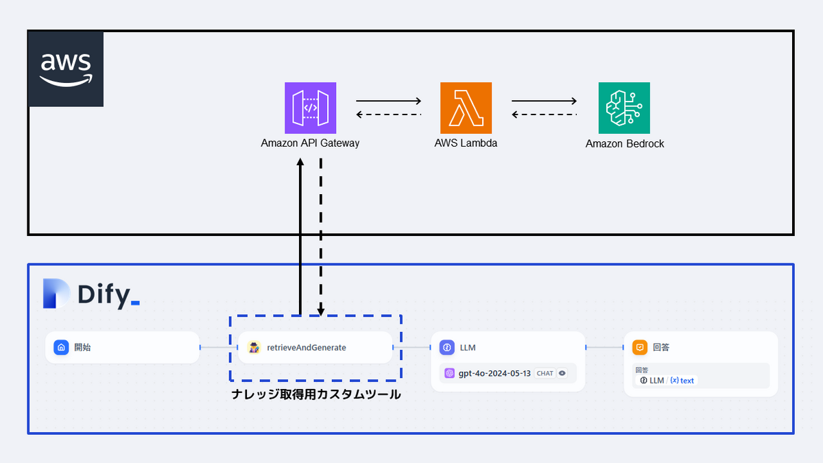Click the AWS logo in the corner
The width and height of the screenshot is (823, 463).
click(x=66, y=69)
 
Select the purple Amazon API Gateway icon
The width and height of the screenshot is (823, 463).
click(x=310, y=108)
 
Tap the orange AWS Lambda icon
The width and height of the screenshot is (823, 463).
click(x=466, y=108)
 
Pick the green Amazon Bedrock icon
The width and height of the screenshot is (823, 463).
click(x=623, y=108)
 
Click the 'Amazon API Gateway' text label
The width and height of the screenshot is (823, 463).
click(x=310, y=143)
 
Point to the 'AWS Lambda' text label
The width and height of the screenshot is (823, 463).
click(x=466, y=143)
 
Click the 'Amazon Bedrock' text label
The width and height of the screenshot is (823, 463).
click(x=624, y=144)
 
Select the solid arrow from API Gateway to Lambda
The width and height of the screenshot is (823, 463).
click(x=388, y=102)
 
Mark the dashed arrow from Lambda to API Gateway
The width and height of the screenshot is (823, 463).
click(x=388, y=115)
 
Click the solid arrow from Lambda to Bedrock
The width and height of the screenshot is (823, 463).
click(x=544, y=102)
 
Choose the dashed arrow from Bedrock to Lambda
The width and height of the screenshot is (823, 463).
click(x=544, y=115)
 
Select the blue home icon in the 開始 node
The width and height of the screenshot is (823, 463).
click(x=62, y=348)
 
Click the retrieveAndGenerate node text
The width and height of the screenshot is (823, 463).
click(x=306, y=348)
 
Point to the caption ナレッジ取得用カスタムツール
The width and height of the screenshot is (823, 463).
click(x=315, y=394)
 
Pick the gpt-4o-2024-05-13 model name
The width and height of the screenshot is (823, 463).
click(x=494, y=373)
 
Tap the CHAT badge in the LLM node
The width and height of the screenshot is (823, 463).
click(x=545, y=373)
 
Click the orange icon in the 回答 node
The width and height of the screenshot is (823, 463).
click(x=639, y=348)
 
